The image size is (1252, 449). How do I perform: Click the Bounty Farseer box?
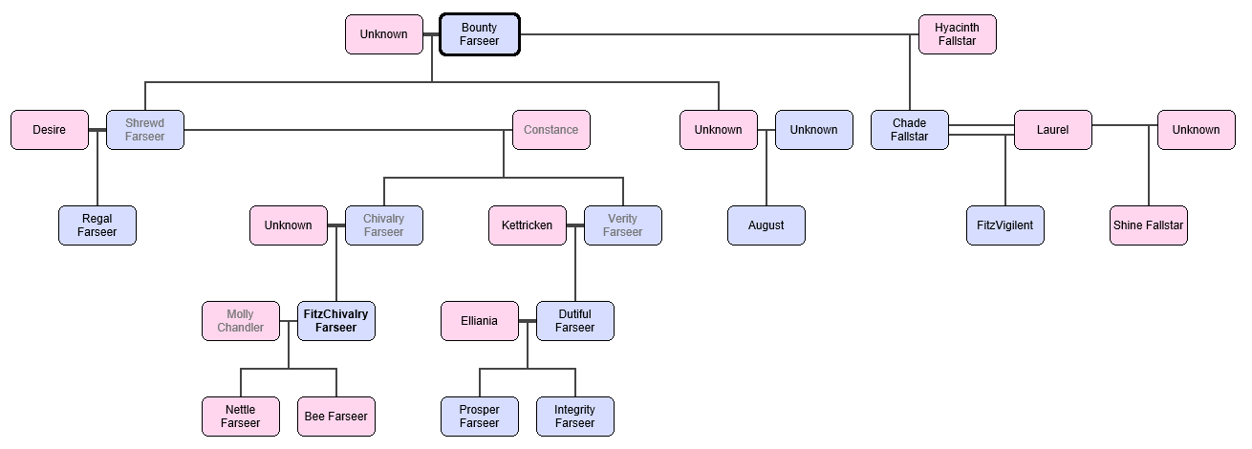point(479,34)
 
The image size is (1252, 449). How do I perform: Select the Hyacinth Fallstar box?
point(957,34)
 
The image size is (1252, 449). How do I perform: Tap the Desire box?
point(49,130)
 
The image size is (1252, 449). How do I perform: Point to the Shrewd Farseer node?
point(144,130)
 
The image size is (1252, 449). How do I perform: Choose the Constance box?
point(550,130)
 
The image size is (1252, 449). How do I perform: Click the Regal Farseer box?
point(97,225)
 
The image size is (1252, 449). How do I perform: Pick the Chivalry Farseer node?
point(383,225)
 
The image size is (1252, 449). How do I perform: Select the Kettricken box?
point(527,225)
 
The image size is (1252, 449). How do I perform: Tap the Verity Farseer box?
point(622,225)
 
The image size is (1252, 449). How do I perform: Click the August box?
point(766,225)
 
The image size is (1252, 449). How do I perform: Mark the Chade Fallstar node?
point(909,130)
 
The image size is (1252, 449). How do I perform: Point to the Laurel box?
point(1052,130)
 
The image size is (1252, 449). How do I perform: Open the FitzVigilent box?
point(1004,225)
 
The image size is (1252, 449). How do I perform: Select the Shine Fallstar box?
point(1148,225)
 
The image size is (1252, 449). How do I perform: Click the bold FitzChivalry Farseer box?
point(335,321)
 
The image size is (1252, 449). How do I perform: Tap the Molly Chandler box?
point(240,321)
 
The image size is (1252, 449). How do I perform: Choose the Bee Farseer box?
point(335,417)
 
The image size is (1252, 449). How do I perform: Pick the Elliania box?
point(479,321)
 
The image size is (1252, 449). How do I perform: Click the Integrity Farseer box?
point(574,417)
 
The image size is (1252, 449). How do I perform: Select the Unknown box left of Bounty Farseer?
point(383,34)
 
